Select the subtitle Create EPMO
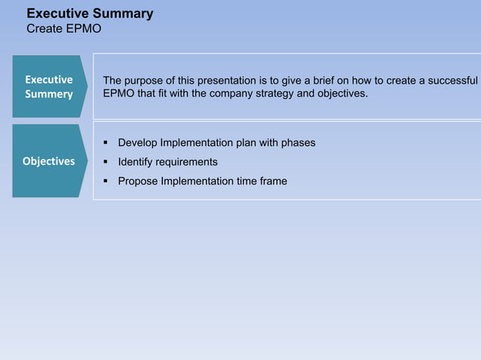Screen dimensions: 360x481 [x=64, y=29]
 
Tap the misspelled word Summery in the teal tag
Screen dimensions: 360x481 [x=49, y=94]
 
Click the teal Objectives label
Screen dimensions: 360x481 [x=49, y=161]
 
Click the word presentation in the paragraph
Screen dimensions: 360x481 [x=225, y=81]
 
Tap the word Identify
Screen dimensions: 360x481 [x=136, y=162]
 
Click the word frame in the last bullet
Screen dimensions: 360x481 [x=272, y=181]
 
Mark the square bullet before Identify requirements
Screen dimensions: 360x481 [x=106, y=162]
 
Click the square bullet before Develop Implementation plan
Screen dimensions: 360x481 [x=106, y=143]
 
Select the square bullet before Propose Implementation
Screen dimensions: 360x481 [x=106, y=181]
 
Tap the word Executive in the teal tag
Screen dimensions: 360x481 [x=49, y=79]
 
